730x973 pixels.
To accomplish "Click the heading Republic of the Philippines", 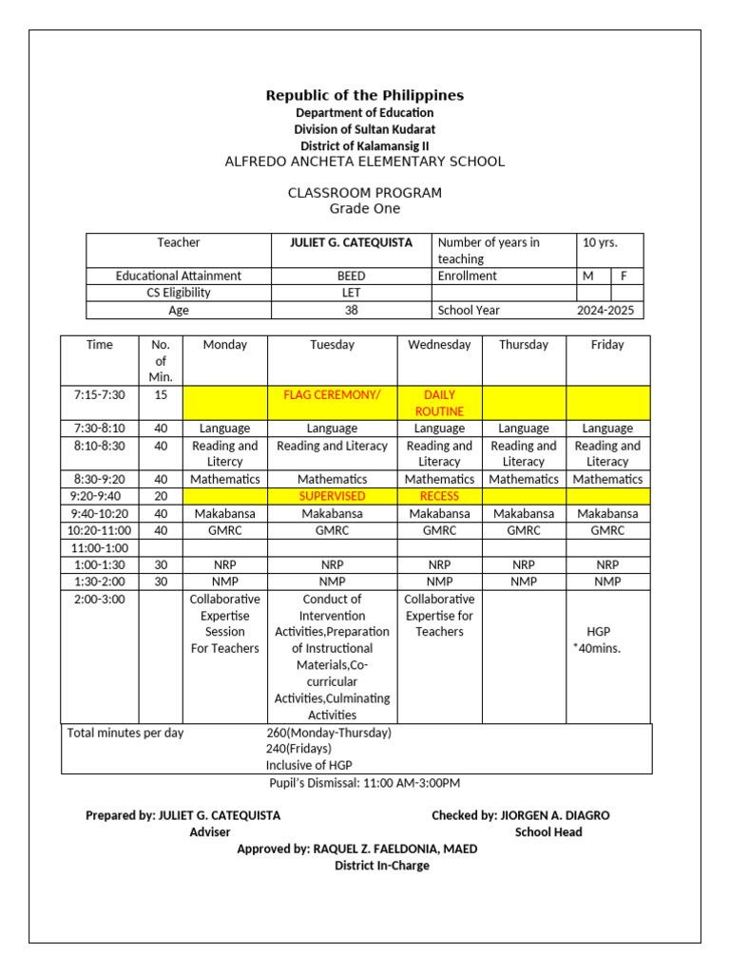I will tap(365, 95).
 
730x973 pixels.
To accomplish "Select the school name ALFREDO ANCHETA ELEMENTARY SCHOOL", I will tap(365, 162).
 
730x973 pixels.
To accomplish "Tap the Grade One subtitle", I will tap(365, 209).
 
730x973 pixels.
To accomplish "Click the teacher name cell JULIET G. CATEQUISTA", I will tap(351, 243).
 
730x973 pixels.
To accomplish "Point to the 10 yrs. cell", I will tap(599, 243).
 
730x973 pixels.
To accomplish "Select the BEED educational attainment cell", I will tap(351, 276).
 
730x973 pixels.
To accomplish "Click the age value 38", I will tap(351, 310).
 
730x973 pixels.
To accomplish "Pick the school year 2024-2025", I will tap(608, 310).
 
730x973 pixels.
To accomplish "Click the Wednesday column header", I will tap(439, 345).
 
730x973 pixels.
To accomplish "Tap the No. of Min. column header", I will tap(161, 361).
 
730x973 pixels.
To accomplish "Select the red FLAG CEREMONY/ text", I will tap(332, 395).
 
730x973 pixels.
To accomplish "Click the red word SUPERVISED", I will tap(332, 496).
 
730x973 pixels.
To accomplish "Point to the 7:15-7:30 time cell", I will tap(100, 395).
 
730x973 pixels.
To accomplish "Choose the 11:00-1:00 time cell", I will tap(100, 548).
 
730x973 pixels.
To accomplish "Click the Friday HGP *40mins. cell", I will tap(607, 639).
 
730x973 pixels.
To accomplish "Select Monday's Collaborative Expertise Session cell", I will tap(224, 624).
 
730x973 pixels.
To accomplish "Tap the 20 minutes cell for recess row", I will tap(161, 496).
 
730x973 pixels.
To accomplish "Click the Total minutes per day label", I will tap(125, 733).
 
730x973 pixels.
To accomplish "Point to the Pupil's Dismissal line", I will tap(365, 783).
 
